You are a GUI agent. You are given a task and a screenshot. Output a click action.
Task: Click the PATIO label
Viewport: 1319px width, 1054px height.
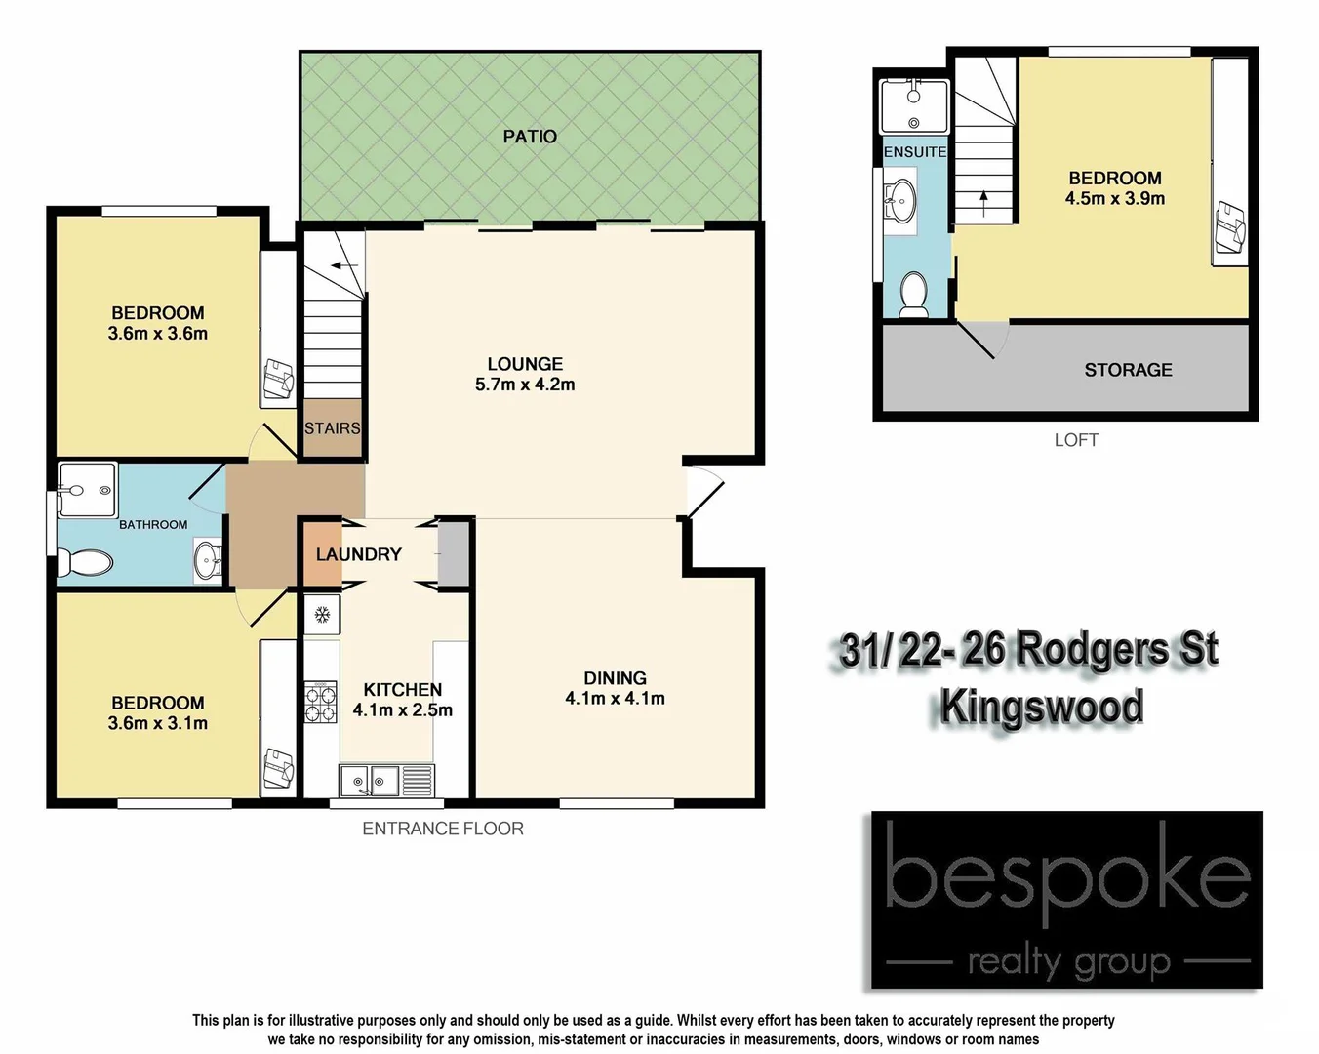pos(530,137)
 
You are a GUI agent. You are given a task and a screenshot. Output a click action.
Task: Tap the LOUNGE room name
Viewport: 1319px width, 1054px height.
pos(525,364)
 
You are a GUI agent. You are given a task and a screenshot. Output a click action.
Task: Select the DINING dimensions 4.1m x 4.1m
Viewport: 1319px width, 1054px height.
pos(615,699)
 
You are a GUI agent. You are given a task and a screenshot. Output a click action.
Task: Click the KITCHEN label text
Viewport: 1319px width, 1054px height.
pos(402,689)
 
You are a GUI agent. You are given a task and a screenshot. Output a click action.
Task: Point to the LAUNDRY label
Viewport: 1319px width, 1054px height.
pos(358,554)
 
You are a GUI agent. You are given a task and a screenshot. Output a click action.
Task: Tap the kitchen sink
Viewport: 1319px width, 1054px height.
pos(370,780)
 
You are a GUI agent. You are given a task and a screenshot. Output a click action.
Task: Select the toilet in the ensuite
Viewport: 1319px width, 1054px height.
pos(914,293)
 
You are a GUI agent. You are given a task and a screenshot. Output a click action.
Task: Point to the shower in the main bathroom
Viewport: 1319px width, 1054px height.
pos(86,488)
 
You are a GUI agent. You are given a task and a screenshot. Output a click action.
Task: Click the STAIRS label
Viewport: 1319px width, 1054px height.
pos(332,428)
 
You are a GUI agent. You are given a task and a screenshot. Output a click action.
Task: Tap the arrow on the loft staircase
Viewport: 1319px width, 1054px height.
pos(983,203)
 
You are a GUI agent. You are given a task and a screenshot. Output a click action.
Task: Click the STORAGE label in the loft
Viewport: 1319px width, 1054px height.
pos(1128,370)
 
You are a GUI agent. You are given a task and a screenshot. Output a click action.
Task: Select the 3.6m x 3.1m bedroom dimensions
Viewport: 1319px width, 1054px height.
pos(158,723)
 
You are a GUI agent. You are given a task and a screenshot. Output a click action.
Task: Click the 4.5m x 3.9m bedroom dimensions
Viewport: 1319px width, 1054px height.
pos(1115,198)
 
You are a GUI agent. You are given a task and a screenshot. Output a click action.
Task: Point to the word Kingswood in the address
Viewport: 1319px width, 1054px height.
pos(1041,707)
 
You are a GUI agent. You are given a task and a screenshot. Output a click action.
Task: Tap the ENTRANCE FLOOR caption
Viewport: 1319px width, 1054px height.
pos(443,829)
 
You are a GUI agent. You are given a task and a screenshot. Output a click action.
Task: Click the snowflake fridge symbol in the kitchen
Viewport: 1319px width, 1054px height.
pos(321,615)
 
